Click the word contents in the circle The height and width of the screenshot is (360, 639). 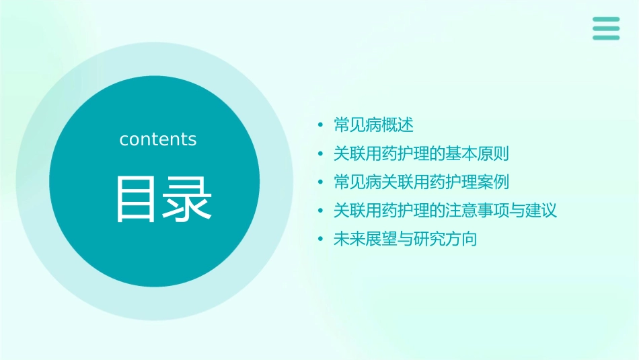[x=158, y=139]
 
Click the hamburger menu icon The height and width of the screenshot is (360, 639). [x=606, y=29]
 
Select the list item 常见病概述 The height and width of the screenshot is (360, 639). [x=373, y=125]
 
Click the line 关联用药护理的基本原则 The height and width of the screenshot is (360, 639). [x=421, y=153]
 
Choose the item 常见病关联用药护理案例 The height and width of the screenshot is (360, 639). [x=421, y=182]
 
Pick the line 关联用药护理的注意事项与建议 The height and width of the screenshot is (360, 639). [x=445, y=211]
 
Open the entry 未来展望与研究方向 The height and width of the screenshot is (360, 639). [x=405, y=239]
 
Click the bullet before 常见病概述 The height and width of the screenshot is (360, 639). [x=321, y=126]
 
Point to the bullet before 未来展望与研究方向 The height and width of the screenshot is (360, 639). [x=321, y=240]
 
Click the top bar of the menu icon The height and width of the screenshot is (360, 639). [x=606, y=20]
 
